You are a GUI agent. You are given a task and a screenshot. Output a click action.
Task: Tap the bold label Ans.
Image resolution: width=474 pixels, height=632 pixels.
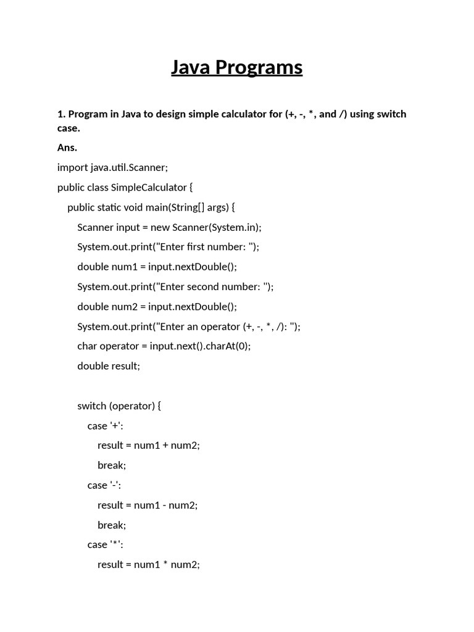67,148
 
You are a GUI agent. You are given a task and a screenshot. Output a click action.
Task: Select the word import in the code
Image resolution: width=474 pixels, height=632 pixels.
72,167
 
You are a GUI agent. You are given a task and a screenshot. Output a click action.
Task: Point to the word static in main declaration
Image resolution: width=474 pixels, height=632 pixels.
109,207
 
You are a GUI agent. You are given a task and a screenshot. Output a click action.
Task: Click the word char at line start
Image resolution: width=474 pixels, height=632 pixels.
87,346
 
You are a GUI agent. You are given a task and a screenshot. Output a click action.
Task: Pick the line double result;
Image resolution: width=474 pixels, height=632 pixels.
109,365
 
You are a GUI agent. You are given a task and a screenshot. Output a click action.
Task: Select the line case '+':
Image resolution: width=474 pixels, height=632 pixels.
109,425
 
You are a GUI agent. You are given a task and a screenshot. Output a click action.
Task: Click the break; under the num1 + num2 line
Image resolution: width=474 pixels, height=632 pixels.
112,465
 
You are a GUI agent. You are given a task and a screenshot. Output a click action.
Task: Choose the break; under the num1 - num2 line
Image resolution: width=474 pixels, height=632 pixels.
112,525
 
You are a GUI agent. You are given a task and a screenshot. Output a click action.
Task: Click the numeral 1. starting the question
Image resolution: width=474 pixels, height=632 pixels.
61,114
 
